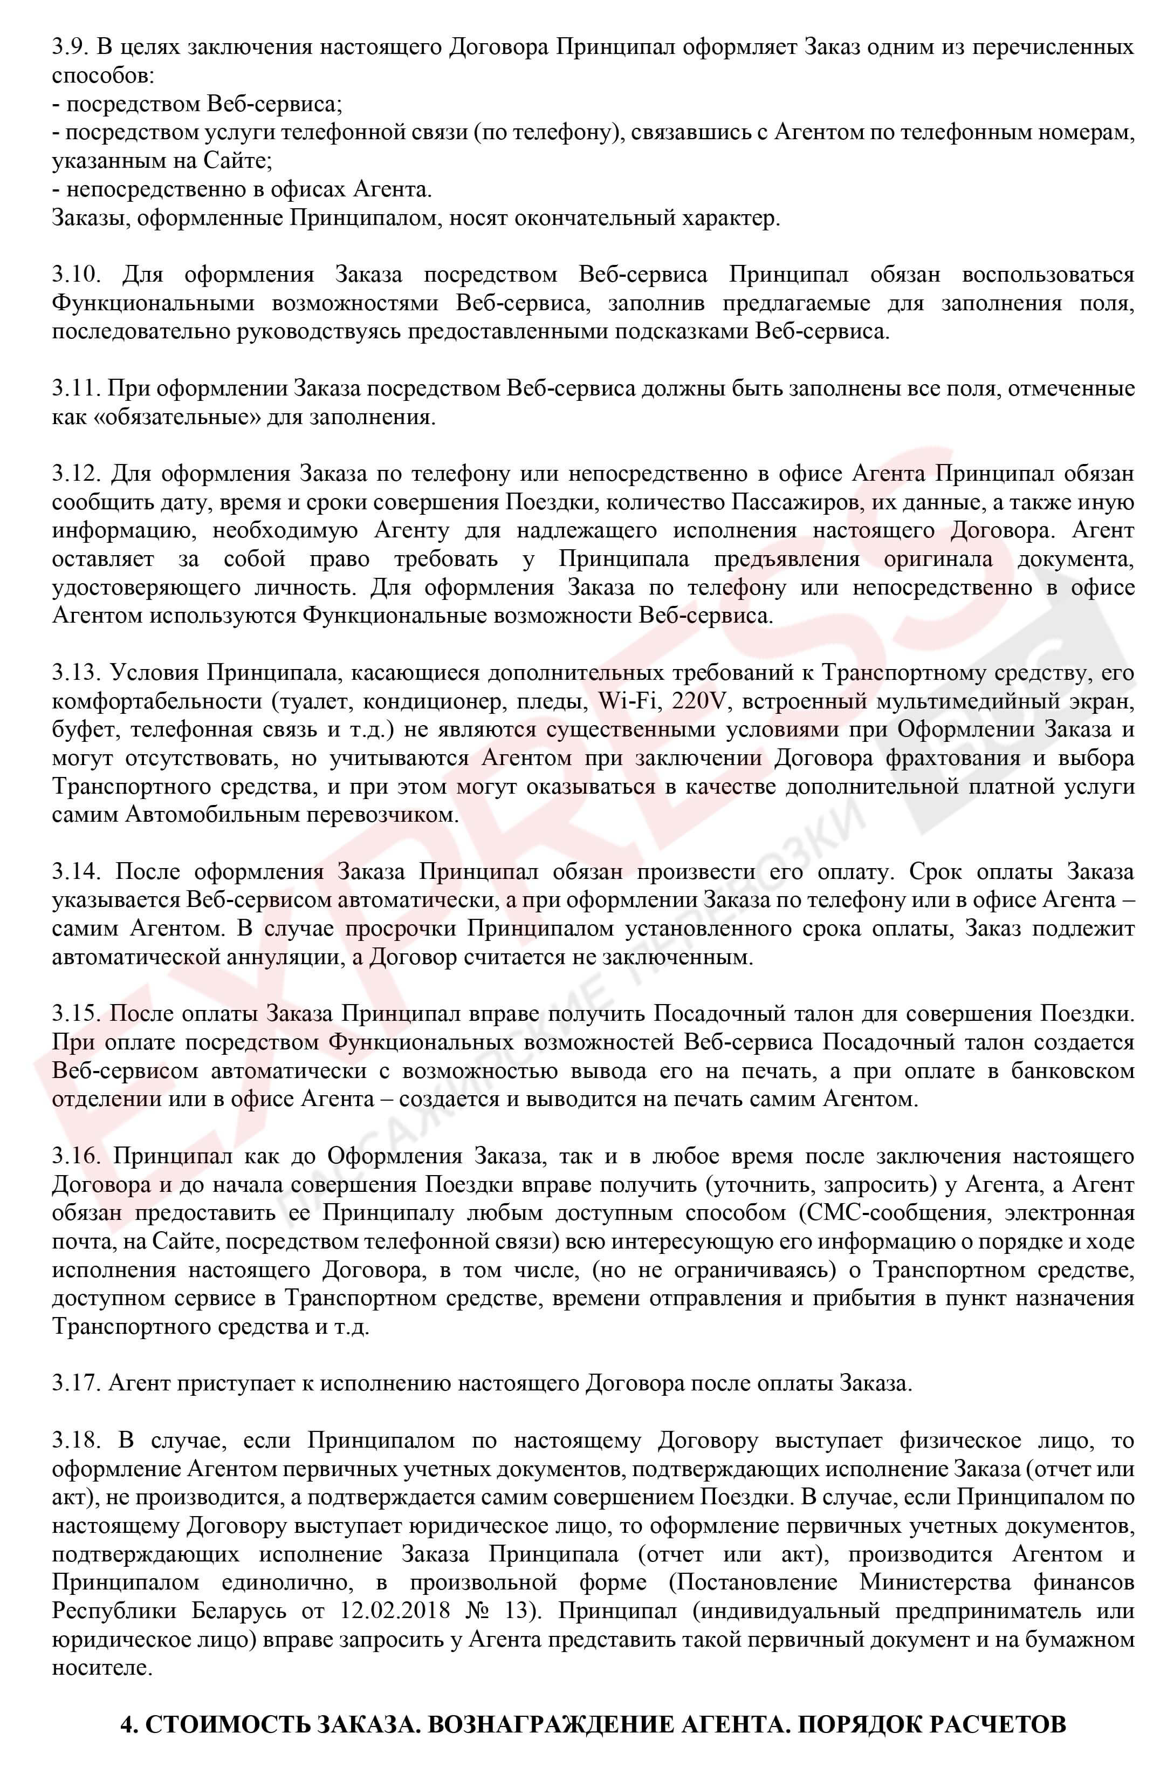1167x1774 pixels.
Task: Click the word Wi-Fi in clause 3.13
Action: [630, 701]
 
